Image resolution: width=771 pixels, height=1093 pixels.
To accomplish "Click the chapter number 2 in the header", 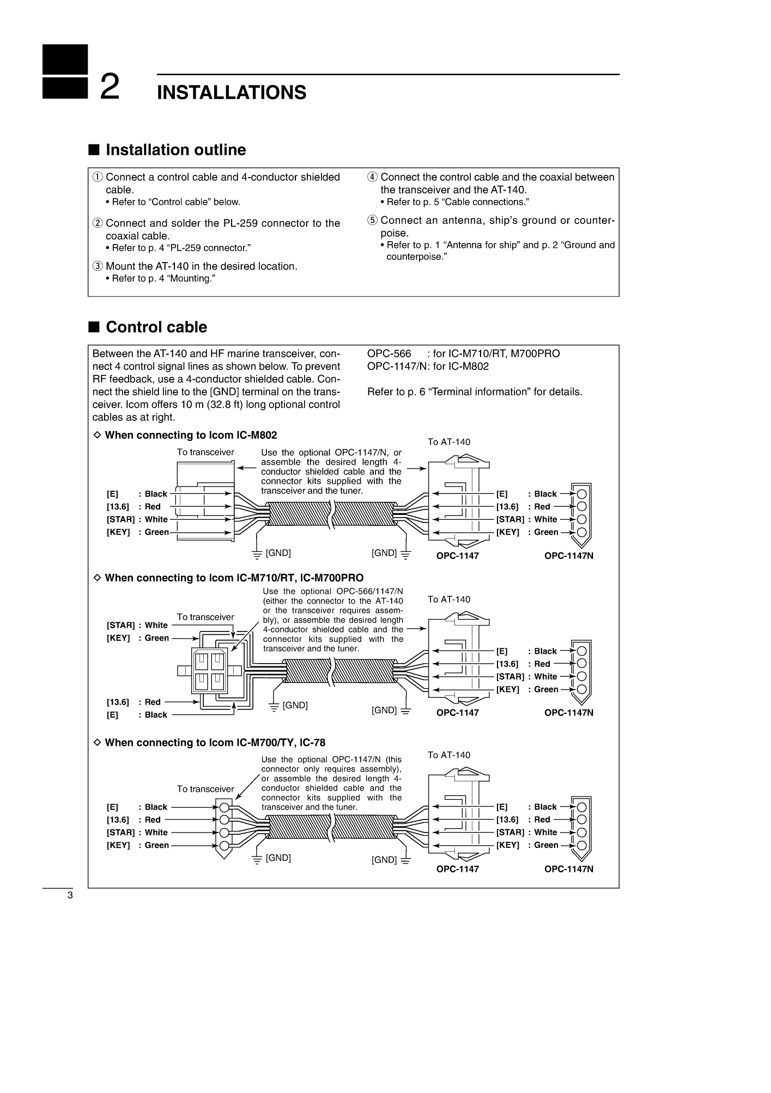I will tap(110, 88).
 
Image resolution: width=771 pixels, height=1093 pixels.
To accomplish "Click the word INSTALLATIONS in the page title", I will tap(232, 93).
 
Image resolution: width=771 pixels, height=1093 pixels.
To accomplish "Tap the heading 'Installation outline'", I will tap(175, 150).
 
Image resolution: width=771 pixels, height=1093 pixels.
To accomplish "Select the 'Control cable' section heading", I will tap(156, 327).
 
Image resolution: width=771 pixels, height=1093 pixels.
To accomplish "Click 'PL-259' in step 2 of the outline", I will tap(242, 223).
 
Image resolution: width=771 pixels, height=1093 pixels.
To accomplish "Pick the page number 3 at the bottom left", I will tap(70, 896).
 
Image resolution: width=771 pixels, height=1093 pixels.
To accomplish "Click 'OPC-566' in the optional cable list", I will tap(389, 354).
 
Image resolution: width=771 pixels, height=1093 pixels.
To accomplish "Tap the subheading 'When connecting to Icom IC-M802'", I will tap(191, 435).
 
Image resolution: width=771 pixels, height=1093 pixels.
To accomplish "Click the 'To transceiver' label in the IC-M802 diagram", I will tap(205, 452).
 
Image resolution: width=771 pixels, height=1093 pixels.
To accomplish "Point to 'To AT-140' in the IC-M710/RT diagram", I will tap(449, 599).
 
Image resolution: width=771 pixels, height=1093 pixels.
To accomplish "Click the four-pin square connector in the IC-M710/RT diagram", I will tap(210, 670).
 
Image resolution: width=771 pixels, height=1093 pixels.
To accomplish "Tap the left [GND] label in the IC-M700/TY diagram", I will tap(278, 858).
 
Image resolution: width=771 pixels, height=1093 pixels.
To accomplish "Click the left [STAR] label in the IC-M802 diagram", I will tap(120, 519).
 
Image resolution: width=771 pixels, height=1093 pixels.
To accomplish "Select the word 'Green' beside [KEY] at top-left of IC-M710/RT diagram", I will tap(157, 638).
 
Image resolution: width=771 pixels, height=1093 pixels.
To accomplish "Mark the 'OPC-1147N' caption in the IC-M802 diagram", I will tap(569, 556).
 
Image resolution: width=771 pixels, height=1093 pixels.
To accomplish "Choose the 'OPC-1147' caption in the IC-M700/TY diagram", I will tap(458, 869).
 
